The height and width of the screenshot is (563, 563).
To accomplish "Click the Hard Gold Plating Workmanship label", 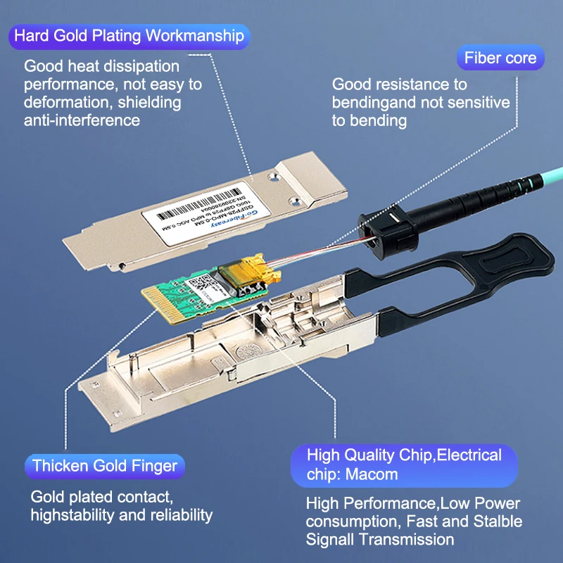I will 129,35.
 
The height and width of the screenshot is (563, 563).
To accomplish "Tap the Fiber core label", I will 500,58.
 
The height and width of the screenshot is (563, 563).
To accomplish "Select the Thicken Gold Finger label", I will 105,465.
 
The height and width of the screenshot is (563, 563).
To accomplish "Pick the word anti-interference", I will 82,120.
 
